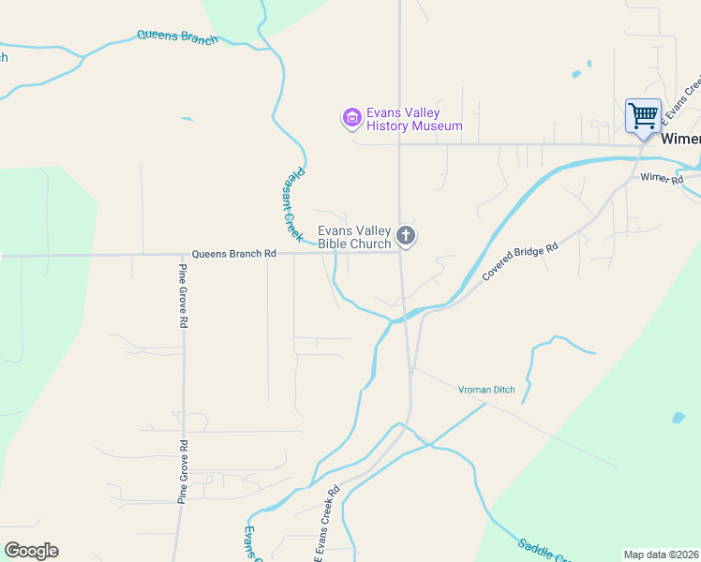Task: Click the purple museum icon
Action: tap(351, 117)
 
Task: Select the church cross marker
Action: tap(406, 236)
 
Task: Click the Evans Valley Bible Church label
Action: tap(354, 238)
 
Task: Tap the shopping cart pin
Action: tap(643, 117)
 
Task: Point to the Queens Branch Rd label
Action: tap(234, 254)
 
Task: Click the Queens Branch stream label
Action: tap(177, 37)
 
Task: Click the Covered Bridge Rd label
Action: tap(520, 260)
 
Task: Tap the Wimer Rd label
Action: tap(662, 178)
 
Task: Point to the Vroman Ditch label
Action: tap(486, 390)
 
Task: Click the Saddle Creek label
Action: tap(544, 551)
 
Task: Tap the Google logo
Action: tap(31, 551)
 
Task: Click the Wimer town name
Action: tap(680, 139)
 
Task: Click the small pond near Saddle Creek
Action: tap(678, 417)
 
